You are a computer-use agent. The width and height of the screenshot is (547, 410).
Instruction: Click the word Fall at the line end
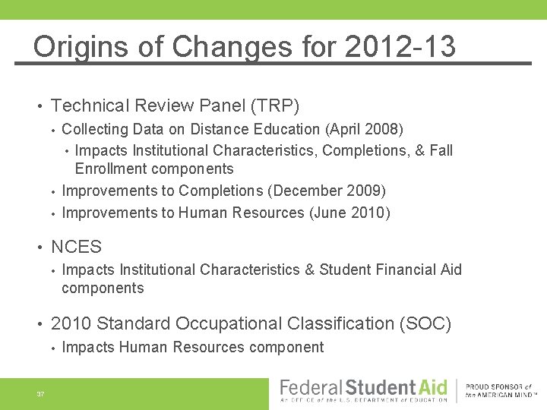(441, 150)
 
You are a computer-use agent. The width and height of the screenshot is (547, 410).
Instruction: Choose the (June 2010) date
(349, 213)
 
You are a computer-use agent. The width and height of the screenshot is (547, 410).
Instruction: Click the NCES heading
(76, 247)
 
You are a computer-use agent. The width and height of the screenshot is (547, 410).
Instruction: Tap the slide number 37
(40, 393)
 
